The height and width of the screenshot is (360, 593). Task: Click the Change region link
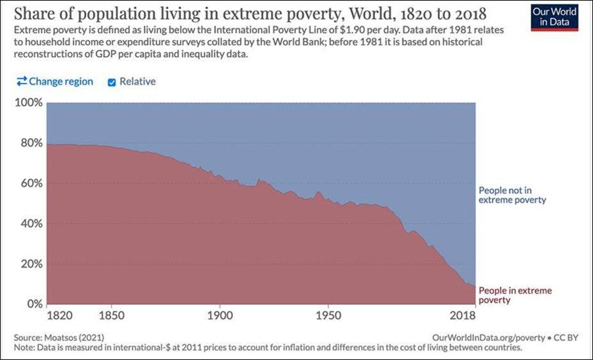tap(55, 81)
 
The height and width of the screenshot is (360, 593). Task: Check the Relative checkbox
tap(111, 82)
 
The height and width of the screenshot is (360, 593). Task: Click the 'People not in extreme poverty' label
tap(512, 194)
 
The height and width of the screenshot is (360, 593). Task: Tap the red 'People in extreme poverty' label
tap(515, 295)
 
